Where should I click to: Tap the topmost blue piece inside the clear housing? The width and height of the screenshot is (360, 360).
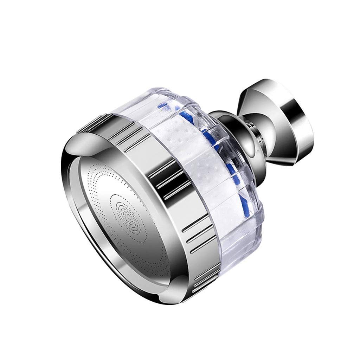(162, 105)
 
